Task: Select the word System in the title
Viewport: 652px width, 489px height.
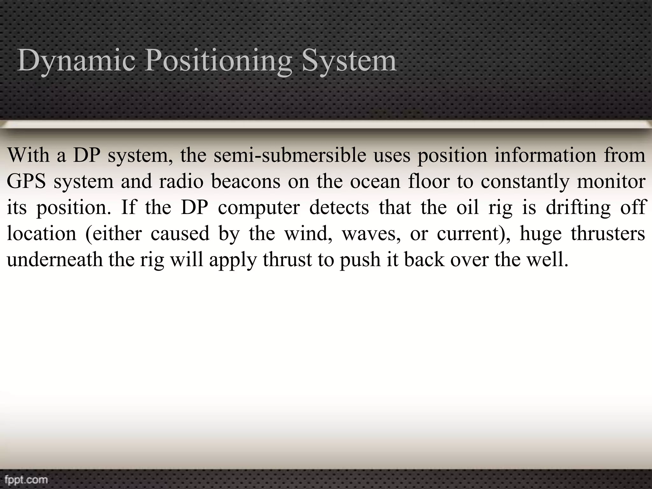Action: coord(349,60)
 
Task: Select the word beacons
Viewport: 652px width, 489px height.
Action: coord(246,182)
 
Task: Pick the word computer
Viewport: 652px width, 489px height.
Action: coord(259,208)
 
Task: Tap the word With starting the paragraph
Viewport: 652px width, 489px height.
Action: coord(28,156)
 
